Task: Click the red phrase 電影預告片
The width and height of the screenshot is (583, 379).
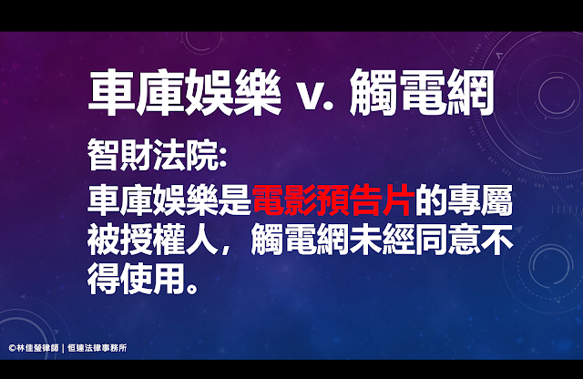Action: coord(333,200)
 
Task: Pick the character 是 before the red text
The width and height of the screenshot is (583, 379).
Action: coord(235,200)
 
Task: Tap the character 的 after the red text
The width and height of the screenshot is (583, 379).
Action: coord(431,200)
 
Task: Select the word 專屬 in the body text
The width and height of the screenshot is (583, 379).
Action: coord(480,200)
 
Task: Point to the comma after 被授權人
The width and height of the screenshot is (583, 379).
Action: coord(226,251)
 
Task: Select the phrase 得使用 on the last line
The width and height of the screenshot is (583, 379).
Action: coord(137,279)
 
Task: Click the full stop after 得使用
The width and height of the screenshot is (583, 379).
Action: coord(192,288)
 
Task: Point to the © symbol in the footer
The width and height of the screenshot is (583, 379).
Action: coord(12,348)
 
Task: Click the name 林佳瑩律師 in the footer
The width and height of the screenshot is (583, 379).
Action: coord(37,348)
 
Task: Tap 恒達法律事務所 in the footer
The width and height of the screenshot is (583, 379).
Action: coord(97,348)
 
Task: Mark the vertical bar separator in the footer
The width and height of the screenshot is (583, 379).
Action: coord(63,349)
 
